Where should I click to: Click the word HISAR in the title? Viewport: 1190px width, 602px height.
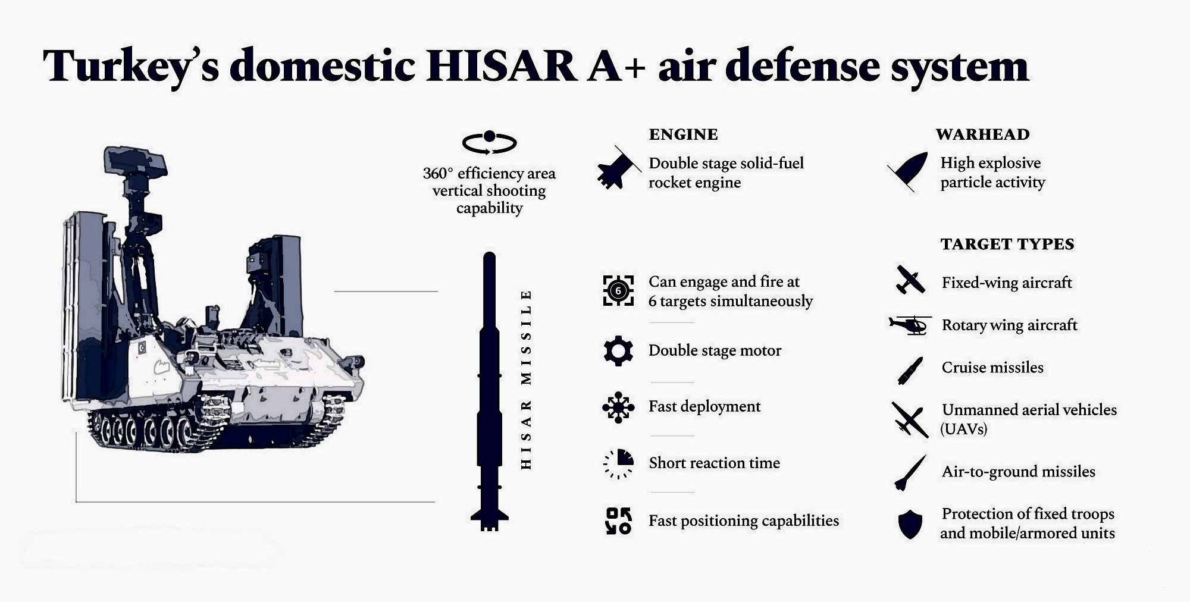click(501, 66)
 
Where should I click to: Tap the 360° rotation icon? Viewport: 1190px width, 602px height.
click(489, 143)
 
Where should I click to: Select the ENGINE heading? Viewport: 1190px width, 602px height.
click(683, 134)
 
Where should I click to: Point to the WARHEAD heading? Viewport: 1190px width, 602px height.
click(982, 134)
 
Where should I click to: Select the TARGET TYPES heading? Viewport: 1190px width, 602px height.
click(1007, 244)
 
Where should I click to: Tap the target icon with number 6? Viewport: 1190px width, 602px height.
click(618, 291)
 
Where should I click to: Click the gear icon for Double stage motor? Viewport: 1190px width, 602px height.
click(618, 351)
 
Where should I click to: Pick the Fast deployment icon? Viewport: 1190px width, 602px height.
click(618, 407)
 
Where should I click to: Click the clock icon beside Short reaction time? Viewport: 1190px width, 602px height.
click(618, 464)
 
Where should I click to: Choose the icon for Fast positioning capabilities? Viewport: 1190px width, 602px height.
click(618, 521)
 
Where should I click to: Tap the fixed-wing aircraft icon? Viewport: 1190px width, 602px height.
click(910, 280)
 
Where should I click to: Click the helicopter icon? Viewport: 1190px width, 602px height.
click(910, 325)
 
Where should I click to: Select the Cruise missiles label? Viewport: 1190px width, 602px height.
click(992, 368)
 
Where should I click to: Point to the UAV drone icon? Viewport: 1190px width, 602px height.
click(910, 420)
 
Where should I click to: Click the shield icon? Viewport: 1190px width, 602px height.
click(910, 524)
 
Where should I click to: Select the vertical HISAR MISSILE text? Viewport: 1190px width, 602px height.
click(526, 380)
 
